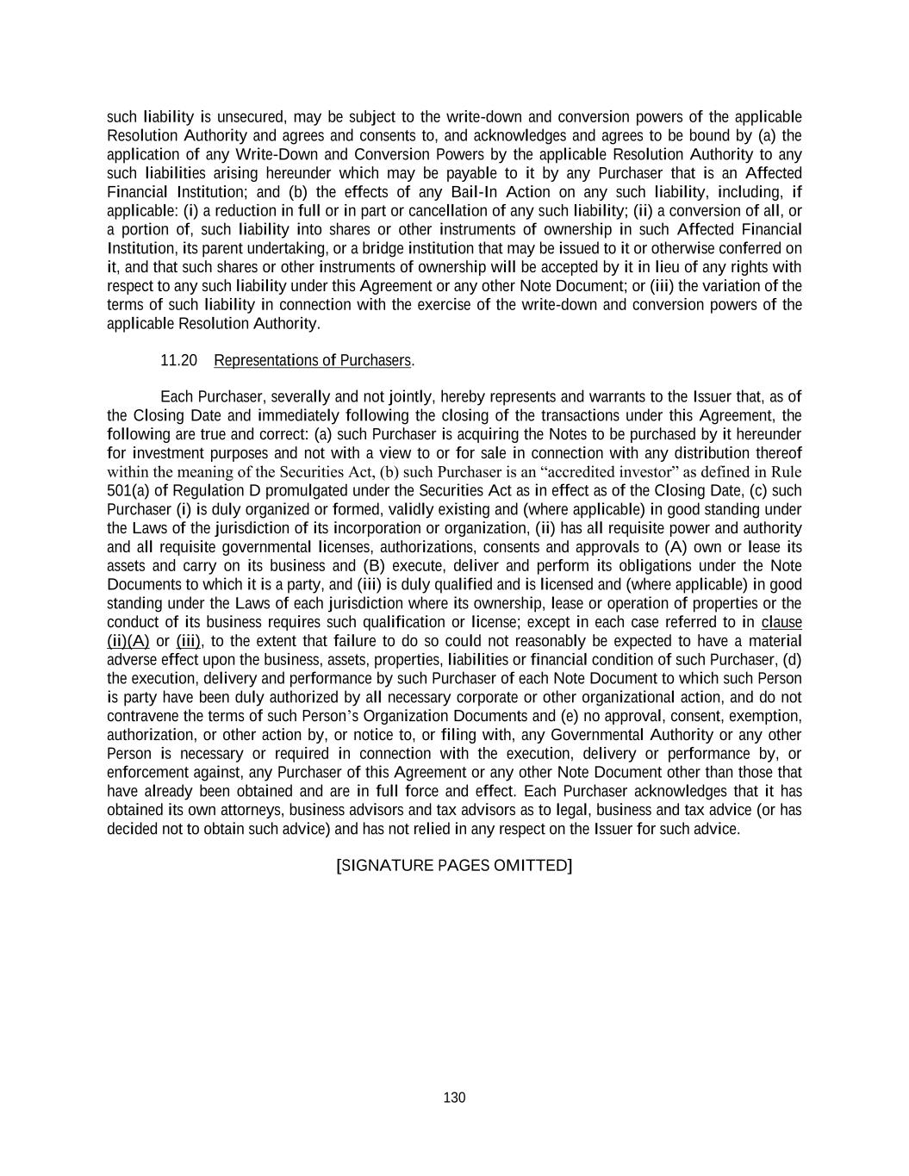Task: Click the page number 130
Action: [x=454, y=1098]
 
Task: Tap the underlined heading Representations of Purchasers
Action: [x=313, y=360]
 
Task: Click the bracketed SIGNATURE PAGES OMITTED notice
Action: [x=454, y=865]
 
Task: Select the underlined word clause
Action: [x=781, y=622]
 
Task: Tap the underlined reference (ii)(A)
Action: [x=128, y=641]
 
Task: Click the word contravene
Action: [x=144, y=716]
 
